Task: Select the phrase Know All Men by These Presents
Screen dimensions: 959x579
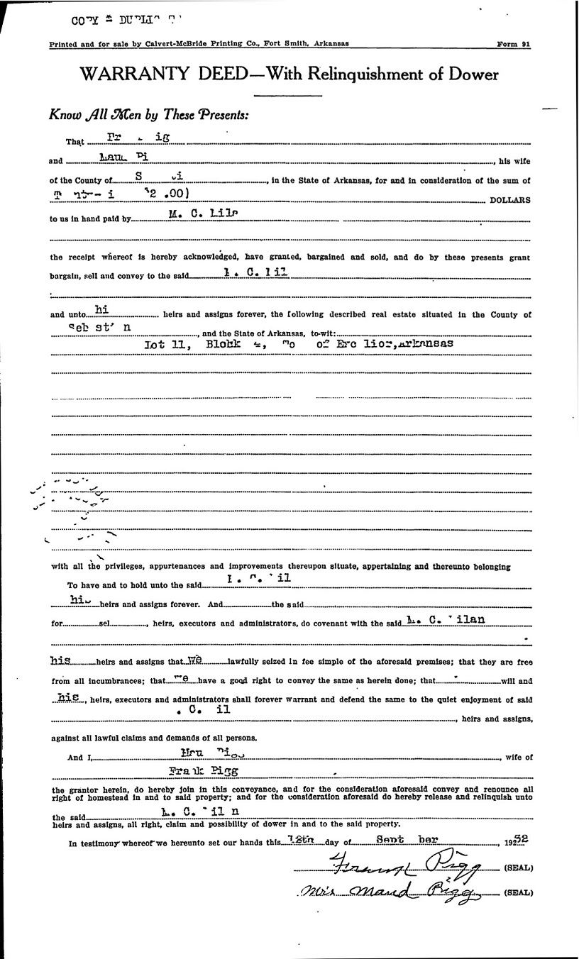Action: tap(149, 114)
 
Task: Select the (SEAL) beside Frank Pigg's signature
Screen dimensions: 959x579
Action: tap(517, 867)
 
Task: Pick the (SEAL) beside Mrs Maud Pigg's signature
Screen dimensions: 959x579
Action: tap(517, 892)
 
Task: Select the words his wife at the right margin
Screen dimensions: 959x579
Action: tap(514, 161)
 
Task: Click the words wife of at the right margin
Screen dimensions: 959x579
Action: tap(519, 758)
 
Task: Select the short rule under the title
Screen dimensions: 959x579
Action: tap(288, 95)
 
